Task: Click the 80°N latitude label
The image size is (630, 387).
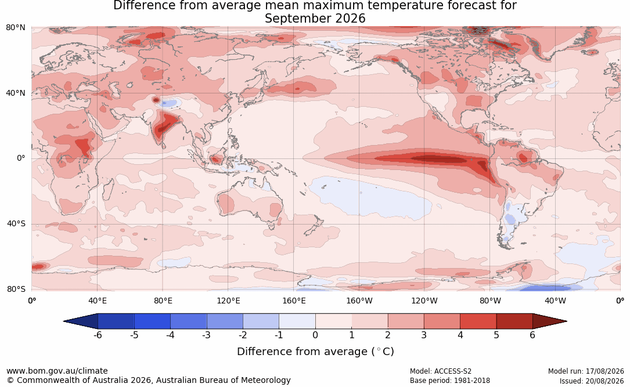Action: point(15,27)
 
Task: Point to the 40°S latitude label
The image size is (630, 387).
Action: point(16,223)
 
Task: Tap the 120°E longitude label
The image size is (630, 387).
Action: point(228,301)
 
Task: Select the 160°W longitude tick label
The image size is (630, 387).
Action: point(359,301)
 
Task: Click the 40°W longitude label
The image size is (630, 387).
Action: point(555,301)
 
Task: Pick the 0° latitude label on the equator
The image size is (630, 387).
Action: point(21,158)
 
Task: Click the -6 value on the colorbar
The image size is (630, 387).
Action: point(98,335)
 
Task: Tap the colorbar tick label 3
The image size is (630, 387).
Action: point(424,335)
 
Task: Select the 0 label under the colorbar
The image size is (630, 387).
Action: point(315,335)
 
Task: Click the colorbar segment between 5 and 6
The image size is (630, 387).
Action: point(514,321)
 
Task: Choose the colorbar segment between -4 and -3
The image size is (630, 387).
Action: point(189,321)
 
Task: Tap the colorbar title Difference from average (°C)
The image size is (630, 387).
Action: point(315,351)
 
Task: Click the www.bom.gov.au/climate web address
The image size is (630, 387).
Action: point(57,371)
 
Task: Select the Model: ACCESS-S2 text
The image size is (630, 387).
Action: point(440,371)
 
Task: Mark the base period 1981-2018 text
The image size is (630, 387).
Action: point(470,381)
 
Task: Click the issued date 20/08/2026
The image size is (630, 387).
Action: point(604,381)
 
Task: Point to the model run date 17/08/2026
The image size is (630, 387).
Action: point(604,371)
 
